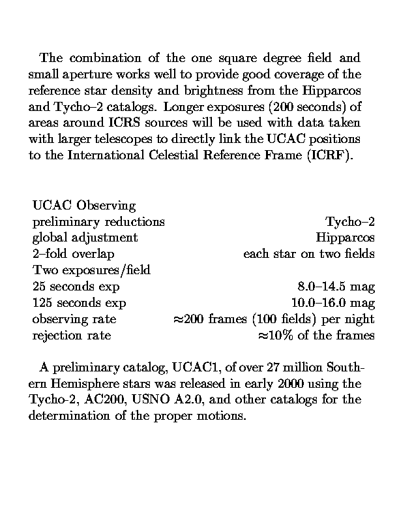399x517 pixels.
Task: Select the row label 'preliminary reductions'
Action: (98, 222)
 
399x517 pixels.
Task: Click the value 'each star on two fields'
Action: (309, 254)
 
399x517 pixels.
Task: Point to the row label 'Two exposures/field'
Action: (91, 270)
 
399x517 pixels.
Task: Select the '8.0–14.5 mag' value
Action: (336, 287)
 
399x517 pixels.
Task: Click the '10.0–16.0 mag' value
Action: (332, 303)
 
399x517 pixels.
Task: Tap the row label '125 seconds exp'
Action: (80, 303)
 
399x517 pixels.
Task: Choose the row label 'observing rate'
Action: (74, 319)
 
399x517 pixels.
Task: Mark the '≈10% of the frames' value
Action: (317, 336)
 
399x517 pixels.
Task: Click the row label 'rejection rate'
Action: (72, 336)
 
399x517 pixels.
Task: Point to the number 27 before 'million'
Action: (282, 366)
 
